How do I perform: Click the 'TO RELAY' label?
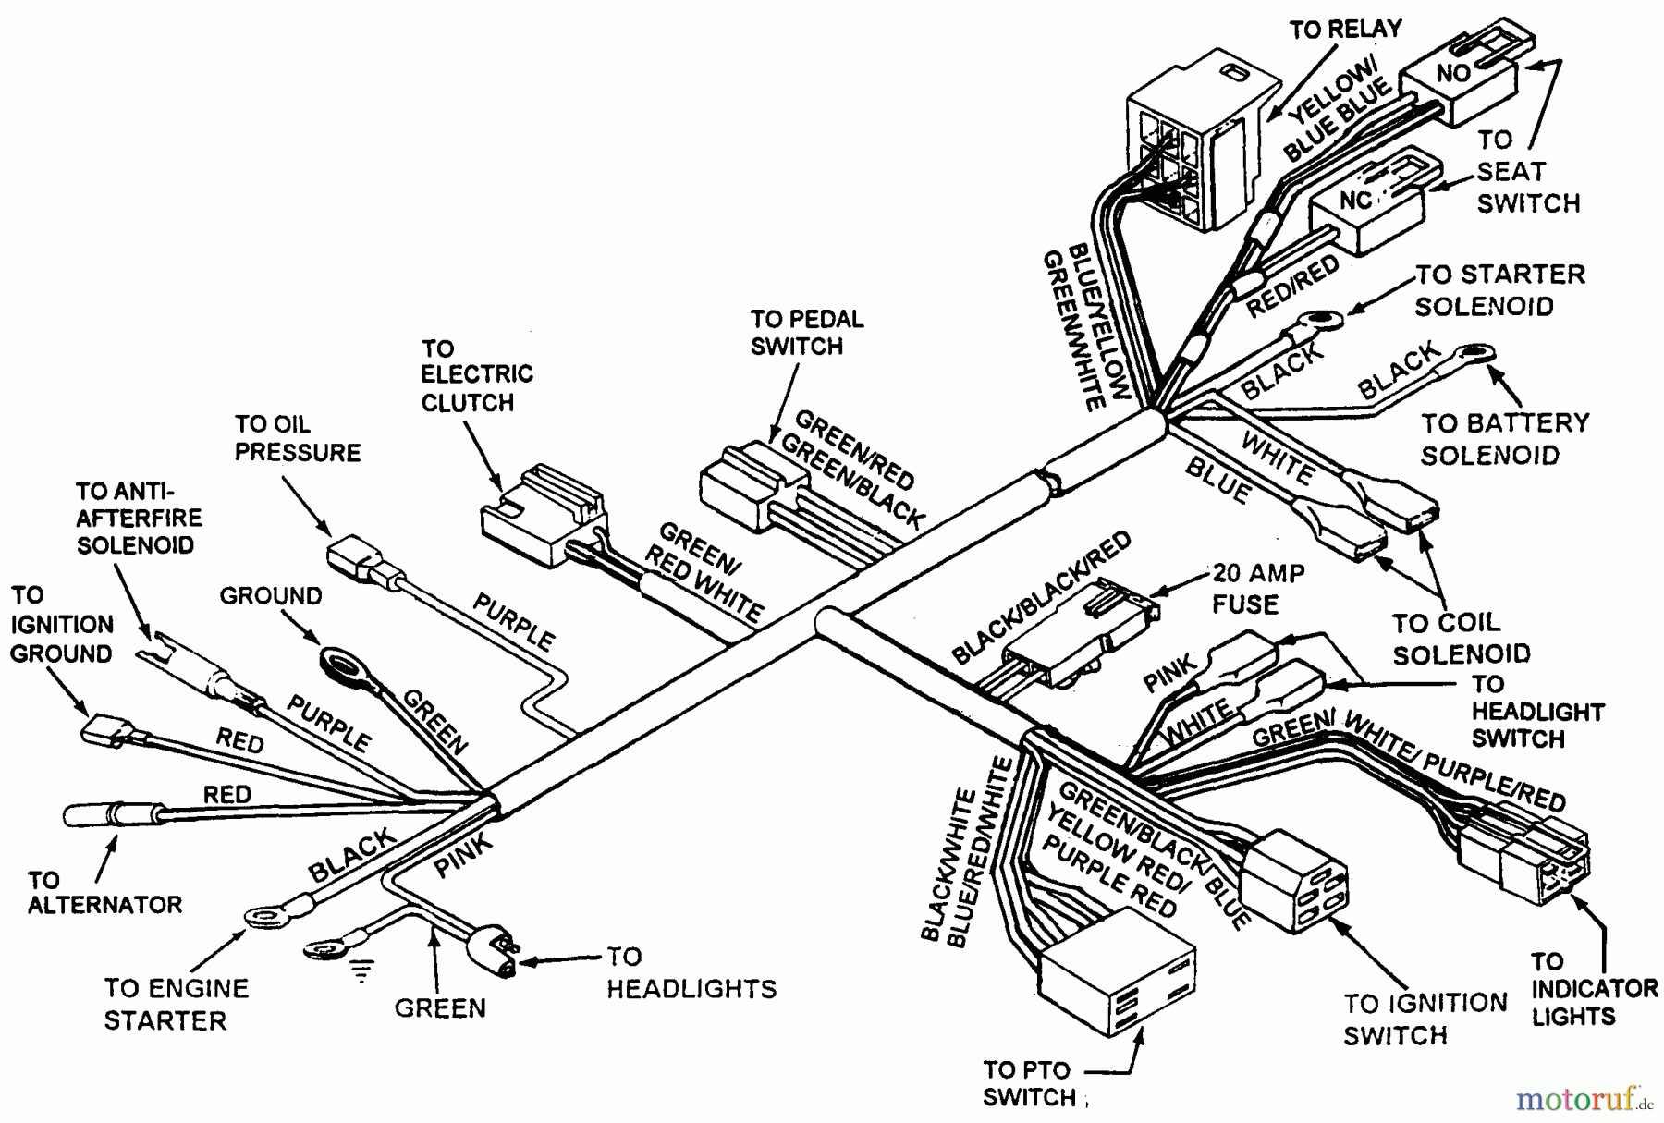1345,30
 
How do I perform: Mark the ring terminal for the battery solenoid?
1474,353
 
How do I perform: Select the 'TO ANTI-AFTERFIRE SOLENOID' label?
138,518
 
